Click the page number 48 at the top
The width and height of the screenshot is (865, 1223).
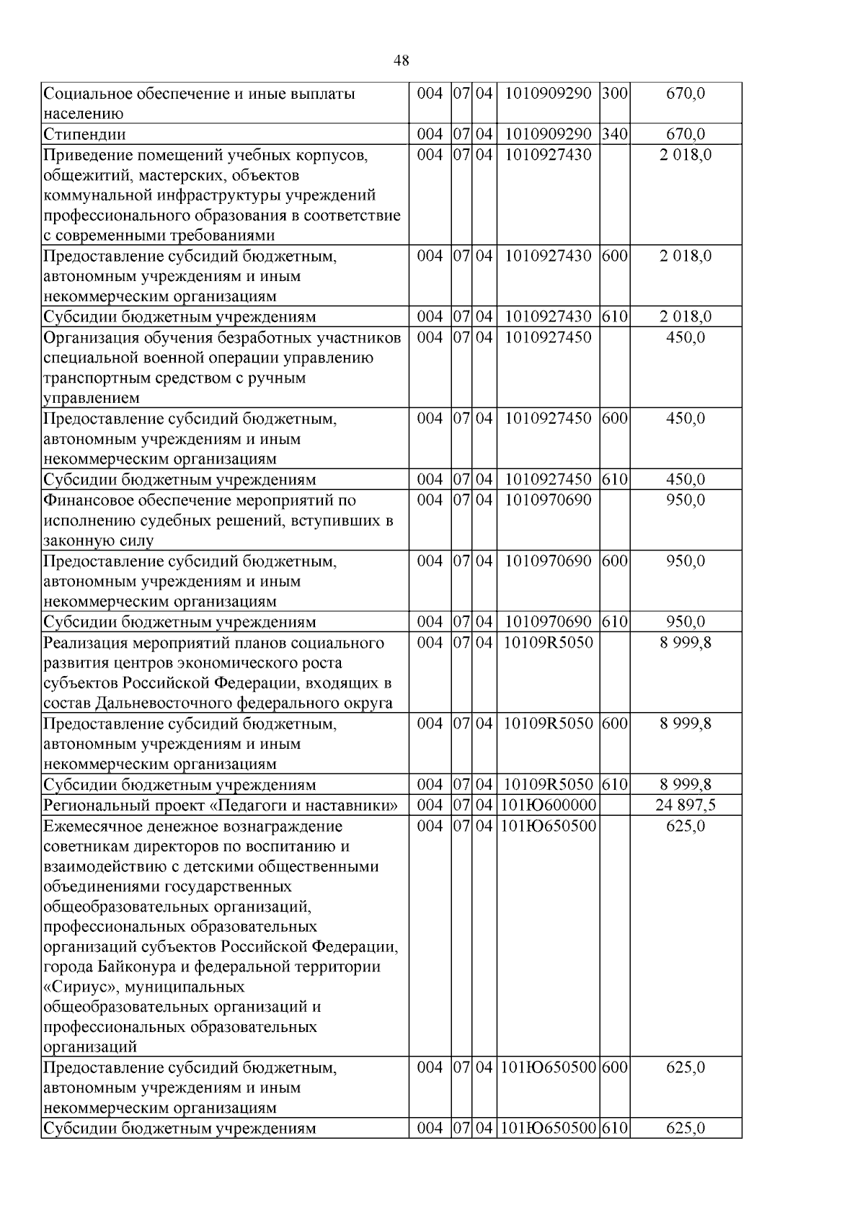pyautogui.click(x=402, y=61)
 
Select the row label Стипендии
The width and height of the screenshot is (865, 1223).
pyautogui.click(x=84, y=134)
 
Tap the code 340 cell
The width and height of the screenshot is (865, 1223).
pyautogui.click(x=614, y=134)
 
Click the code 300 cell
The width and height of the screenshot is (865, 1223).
pyautogui.click(x=614, y=94)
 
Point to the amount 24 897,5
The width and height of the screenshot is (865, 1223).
pyautogui.click(x=686, y=805)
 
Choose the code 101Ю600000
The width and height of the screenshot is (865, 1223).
pyautogui.click(x=548, y=805)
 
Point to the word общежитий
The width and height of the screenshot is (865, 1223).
pyautogui.click(x=80, y=175)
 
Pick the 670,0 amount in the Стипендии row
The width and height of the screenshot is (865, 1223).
pyautogui.click(x=686, y=134)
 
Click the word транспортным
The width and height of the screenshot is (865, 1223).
pyautogui.click(x=92, y=378)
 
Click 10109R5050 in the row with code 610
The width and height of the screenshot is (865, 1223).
pyautogui.click(x=548, y=785)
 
